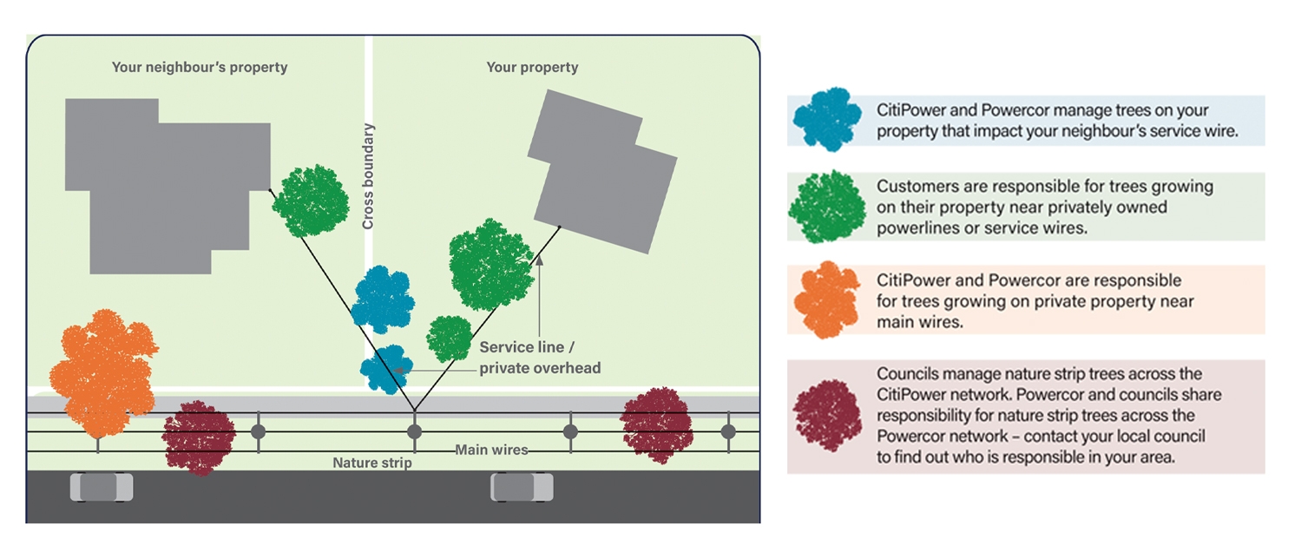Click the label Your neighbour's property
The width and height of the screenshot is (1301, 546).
pos(199,67)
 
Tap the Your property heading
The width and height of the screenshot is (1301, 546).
pos(532,67)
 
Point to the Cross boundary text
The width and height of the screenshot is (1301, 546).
pos(368,176)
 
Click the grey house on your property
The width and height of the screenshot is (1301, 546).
pos(603,171)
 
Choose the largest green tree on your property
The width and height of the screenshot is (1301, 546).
pos(490,265)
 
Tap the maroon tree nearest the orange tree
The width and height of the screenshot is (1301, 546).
pos(199,437)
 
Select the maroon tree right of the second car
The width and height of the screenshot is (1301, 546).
pos(657,425)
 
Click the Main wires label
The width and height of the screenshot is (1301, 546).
pos(491,451)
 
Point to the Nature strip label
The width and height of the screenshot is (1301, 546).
pos(372,464)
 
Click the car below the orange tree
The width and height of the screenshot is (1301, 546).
pos(102,487)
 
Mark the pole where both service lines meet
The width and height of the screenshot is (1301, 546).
pos(414,431)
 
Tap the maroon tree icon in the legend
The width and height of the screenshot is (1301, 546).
pos(828,414)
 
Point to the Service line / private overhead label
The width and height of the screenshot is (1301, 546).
pos(540,358)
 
